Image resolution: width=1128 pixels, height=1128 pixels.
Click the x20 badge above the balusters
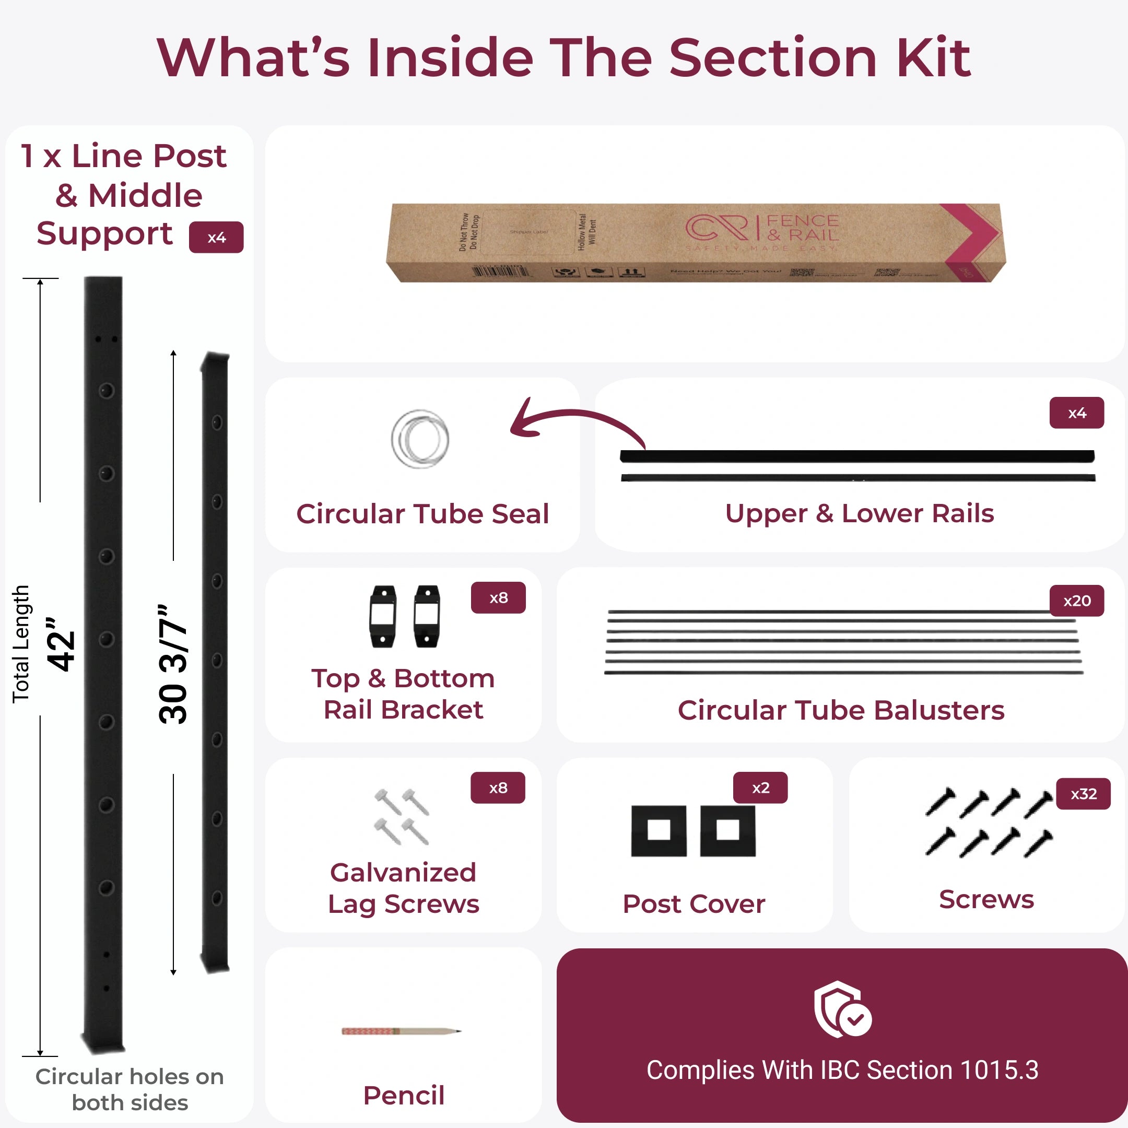coord(1077,601)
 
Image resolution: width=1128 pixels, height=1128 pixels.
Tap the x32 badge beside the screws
coord(1083,794)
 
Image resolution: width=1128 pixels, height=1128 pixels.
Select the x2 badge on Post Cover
coord(760,788)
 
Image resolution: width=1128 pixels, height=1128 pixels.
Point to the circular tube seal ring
coord(420,439)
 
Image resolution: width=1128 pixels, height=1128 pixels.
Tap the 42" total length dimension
coord(61,643)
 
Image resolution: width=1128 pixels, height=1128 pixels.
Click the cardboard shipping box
coord(695,243)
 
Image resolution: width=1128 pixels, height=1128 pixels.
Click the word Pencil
coord(404,1095)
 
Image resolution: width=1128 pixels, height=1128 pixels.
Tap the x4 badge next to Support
coord(216,237)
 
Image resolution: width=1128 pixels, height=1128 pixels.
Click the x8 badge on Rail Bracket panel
coord(498,597)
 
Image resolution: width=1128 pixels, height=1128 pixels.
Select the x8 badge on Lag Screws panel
coord(498,788)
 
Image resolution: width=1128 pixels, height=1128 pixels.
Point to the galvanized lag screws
coord(402,817)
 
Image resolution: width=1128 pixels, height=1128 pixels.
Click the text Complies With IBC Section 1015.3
coord(842,1070)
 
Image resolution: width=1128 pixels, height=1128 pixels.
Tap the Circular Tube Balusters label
coord(841,711)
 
